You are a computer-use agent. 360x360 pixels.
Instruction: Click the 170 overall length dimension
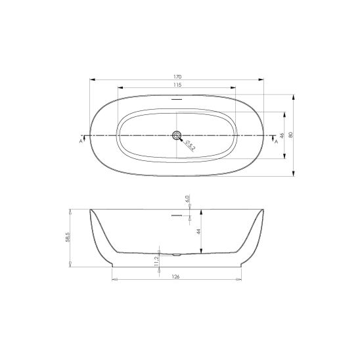coord(177,77)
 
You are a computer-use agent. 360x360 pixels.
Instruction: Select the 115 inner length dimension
coord(177,85)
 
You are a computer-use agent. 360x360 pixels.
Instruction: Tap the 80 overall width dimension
coord(291,135)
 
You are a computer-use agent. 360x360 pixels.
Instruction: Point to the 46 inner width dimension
coord(282,135)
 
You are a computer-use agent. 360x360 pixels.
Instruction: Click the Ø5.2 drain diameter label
coord(191,146)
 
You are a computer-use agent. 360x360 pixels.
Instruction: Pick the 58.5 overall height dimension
coord(68,236)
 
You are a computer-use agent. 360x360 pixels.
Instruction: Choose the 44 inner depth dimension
coord(199,231)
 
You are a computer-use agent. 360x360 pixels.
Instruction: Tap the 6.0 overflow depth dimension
coord(187,198)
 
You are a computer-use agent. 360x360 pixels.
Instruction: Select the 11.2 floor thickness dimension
coord(156,261)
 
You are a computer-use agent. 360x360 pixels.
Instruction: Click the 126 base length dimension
coord(175,277)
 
